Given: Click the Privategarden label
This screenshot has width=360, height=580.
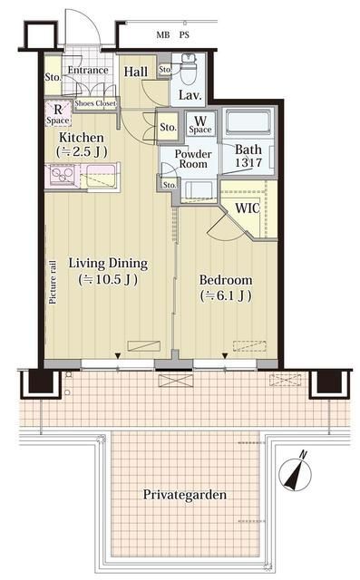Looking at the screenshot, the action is [185, 495].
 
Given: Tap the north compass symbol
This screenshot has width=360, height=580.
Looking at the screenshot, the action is [296, 471].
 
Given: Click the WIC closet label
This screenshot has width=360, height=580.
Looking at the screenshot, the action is [248, 208].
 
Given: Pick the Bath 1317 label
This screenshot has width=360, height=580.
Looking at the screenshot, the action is [248, 156].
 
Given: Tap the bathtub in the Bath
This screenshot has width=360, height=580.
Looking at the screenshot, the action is [248, 122].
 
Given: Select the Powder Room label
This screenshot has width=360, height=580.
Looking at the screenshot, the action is [193, 159].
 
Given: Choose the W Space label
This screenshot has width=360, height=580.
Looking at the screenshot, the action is [200, 124].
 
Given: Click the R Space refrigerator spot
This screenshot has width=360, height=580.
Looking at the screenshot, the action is [58, 114].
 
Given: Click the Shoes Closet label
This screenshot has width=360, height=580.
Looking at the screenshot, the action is [95, 103].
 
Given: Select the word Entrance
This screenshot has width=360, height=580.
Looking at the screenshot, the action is [88, 71].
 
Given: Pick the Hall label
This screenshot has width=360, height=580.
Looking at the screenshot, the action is [136, 72].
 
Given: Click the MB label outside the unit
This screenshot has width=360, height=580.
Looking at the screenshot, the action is [163, 35].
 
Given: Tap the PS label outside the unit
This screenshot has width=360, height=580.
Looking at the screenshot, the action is [184, 35].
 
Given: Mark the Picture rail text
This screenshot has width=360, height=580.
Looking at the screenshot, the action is [53, 282].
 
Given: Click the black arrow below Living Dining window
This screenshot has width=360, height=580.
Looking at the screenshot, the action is [118, 356].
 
